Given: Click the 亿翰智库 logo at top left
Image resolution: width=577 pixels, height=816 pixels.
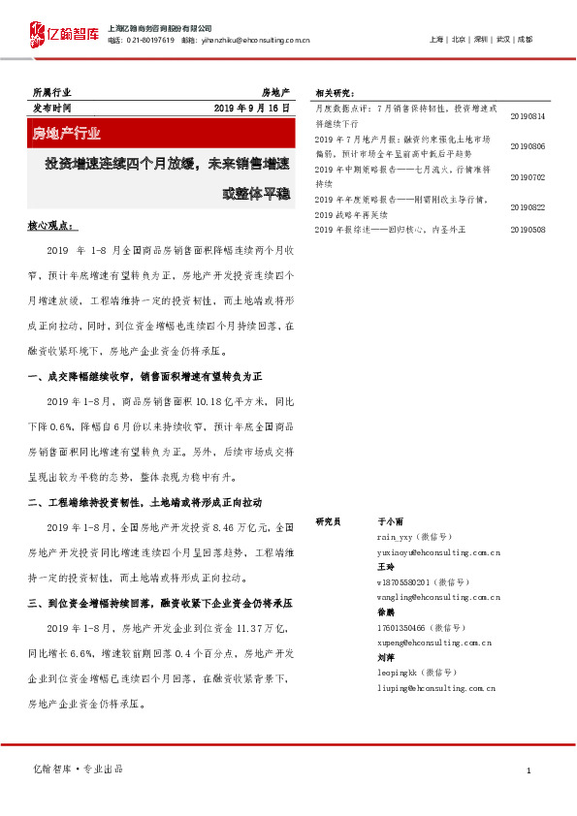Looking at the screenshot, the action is pyautogui.click(x=65, y=35).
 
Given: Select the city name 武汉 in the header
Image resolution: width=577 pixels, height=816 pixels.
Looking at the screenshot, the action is pyautogui.click(x=502, y=40).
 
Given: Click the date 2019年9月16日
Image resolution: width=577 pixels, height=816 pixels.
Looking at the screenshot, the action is pyautogui.click(x=251, y=108).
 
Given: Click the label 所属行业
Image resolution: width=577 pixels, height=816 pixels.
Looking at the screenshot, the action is pyautogui.click(x=51, y=92).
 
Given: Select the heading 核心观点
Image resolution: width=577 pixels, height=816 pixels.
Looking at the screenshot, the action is pyautogui.click(x=50, y=225).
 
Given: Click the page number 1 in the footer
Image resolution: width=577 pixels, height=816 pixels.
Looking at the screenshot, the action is pyautogui.click(x=528, y=769).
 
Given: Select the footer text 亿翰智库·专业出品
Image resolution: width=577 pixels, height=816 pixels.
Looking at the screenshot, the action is pyautogui.click(x=79, y=769).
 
